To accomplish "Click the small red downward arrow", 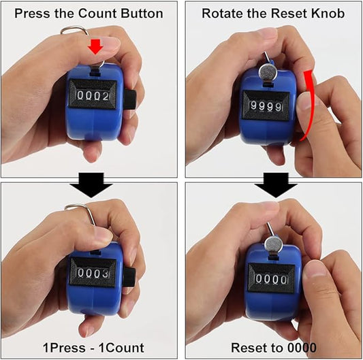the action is [x=95, y=46].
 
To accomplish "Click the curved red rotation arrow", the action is [x=310, y=104].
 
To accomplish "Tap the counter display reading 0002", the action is [x=93, y=95].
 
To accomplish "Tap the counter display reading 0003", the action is [x=93, y=274].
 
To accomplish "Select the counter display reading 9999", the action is [x=266, y=106].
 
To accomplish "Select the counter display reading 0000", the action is [x=271, y=279].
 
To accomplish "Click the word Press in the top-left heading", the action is [x=32, y=14].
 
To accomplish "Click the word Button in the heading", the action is [x=142, y=14].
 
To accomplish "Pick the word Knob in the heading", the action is [x=328, y=14].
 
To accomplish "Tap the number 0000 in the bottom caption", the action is [x=302, y=348].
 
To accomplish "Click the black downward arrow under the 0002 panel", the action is [x=91, y=185].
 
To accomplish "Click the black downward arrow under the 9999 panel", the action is [x=276, y=185].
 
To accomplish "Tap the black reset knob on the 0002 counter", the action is [x=130, y=99].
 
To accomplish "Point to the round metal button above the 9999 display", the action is [x=268, y=72].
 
